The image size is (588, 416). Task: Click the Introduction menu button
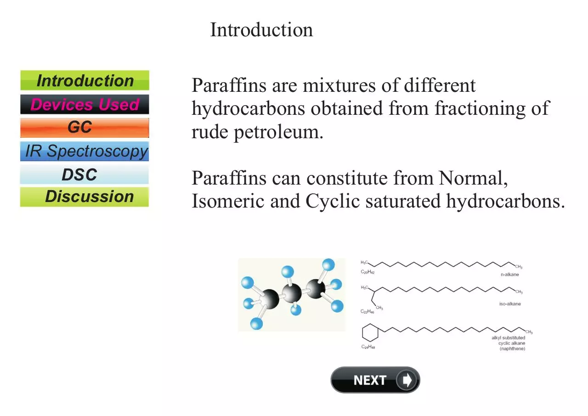pos(85,80)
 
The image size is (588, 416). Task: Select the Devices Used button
pos(85,104)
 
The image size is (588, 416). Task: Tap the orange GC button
pos(85,128)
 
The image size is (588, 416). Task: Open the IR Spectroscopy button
pos(85,152)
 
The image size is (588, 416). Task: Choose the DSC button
pos(84,174)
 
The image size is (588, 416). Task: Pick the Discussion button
pos(84,197)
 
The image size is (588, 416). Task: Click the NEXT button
pos(375,380)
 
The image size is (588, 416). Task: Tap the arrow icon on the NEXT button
pos(407,380)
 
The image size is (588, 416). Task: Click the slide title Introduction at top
pos(261,30)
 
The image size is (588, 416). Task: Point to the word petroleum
pos(278,132)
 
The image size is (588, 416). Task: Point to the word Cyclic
pos(333,202)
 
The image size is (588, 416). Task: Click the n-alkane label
pos(509,275)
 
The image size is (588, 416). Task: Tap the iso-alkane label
pos(510,304)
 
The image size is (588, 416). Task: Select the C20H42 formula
pos(367,272)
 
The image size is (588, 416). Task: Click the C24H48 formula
pos(368,347)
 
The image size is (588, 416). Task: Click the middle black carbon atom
pos(291,293)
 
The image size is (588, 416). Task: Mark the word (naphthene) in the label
pos(512,349)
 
